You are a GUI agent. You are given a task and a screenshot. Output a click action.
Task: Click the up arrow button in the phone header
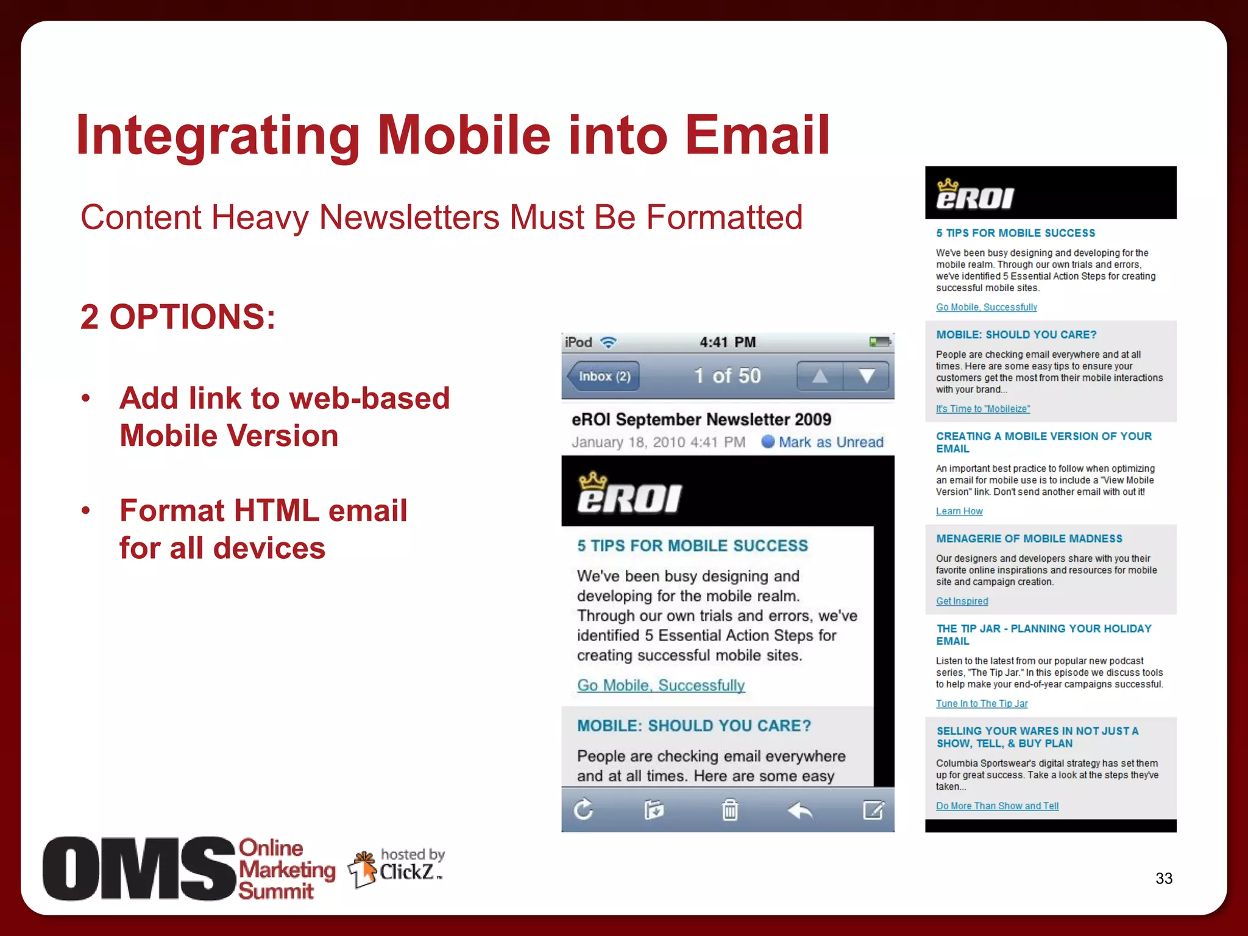tap(820, 376)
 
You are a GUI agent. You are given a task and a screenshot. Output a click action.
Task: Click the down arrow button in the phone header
tap(866, 376)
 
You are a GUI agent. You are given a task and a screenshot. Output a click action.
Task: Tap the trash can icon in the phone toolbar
tap(729, 810)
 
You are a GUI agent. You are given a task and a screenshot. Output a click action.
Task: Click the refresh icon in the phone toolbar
tap(583, 810)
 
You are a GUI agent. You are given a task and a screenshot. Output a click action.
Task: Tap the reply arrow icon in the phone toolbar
tap(800, 810)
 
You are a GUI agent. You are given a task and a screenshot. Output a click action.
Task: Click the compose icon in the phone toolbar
tap(873, 810)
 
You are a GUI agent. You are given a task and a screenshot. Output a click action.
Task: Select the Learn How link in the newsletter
tap(959, 511)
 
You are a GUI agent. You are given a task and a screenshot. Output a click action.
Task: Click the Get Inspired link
tap(962, 601)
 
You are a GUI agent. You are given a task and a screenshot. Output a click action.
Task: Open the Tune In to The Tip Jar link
tap(982, 703)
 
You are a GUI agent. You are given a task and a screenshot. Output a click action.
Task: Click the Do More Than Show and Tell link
tap(997, 806)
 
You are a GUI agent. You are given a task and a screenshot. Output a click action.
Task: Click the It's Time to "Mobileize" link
tap(983, 409)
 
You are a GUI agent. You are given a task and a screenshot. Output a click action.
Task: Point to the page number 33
tap(1163, 878)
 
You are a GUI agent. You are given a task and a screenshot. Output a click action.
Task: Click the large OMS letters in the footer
tap(139, 868)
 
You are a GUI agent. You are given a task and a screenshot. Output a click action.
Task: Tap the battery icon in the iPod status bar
tap(879, 342)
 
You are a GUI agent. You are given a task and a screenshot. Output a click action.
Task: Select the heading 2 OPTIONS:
tap(178, 317)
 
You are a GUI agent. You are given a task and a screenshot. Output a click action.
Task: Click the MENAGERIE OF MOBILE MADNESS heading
tap(1029, 539)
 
